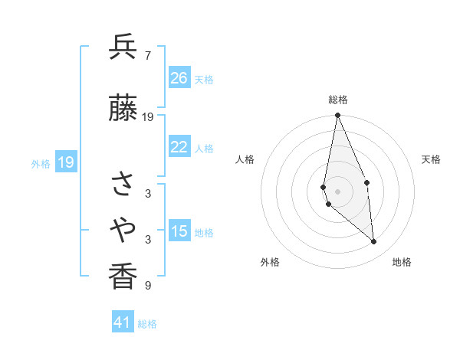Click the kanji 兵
pos(123,47)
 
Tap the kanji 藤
pos(123,110)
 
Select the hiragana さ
pos(123,185)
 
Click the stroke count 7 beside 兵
pos(148,55)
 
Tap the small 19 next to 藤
pos(148,117)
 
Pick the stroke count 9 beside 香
pos(148,286)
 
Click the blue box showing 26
pos(179,78)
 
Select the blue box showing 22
pos(179,147)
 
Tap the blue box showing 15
pos(179,231)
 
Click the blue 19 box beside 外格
pos(65,162)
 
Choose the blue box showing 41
pos(123,322)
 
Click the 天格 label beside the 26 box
pos(204,80)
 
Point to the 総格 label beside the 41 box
pos(147,324)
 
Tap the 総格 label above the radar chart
pos(338,100)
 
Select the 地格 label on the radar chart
pos(402,262)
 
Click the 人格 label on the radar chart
pos(245,159)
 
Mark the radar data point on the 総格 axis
pos(337,116)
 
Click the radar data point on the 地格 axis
pos(374,241)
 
